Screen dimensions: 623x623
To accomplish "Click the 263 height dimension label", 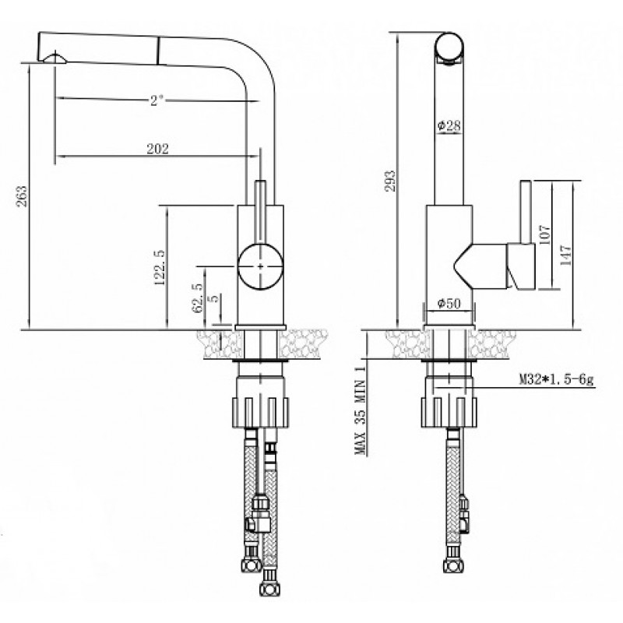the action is [23, 196].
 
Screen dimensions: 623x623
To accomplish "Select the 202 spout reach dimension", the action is [158, 149].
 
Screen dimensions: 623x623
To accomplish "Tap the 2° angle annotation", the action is [157, 100].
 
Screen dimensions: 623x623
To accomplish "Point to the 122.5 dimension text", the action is [159, 267].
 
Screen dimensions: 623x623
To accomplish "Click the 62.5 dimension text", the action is [198, 297].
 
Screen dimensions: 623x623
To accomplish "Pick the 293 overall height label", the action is [390, 181].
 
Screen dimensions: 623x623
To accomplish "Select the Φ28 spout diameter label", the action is [449, 126].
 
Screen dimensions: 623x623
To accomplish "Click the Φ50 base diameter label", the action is [449, 304].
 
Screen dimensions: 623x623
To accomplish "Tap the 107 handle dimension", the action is [544, 234].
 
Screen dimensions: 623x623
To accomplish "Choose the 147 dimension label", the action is [565, 255].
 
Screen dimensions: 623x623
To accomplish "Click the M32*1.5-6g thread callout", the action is [556, 380].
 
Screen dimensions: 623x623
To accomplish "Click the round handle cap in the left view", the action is [260, 266].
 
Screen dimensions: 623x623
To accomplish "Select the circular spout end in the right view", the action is [449, 47].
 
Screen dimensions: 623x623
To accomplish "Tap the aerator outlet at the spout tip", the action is [55, 58].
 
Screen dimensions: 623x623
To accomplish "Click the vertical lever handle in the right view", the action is [526, 212].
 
